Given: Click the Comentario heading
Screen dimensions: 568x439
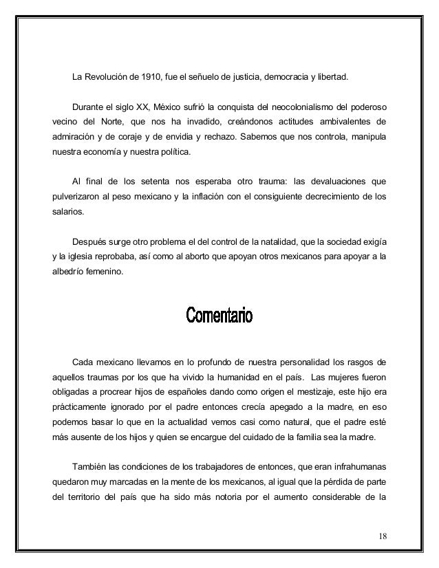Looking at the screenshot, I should pyautogui.click(x=219, y=317).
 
